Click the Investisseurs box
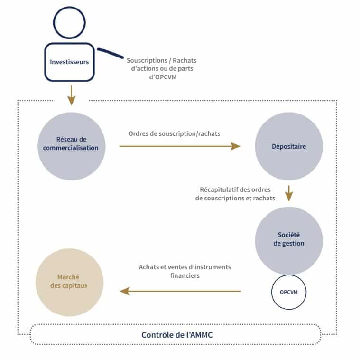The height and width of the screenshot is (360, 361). pyautogui.click(x=69, y=62)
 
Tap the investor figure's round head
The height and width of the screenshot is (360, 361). pyautogui.click(x=69, y=22)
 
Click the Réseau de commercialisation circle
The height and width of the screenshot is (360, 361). pyautogui.click(x=71, y=146)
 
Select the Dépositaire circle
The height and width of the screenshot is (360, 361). pyautogui.click(x=289, y=146)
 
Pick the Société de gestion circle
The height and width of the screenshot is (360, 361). pyautogui.click(x=289, y=240)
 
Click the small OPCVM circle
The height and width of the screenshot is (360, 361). pyautogui.click(x=289, y=292)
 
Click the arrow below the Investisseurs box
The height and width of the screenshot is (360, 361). pyautogui.click(x=71, y=95)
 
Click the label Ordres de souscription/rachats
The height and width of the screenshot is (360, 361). pyautogui.click(x=175, y=133)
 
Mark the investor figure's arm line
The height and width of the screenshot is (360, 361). pyautogui.click(x=110, y=53)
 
